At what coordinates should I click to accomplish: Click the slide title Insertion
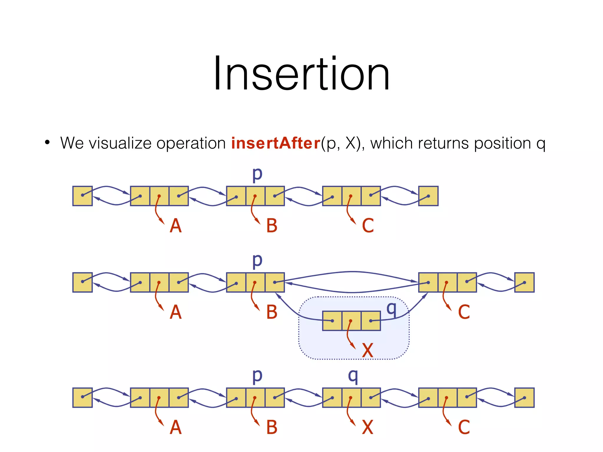(x=301, y=74)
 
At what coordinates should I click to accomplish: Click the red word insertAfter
(x=276, y=143)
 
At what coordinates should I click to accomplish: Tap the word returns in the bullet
(x=443, y=143)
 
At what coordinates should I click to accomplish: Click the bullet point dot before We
(x=47, y=143)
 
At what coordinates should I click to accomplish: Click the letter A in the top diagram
(x=175, y=226)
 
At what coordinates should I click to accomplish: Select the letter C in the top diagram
(x=368, y=226)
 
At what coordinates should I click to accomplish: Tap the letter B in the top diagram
(x=271, y=226)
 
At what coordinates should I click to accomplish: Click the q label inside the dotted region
(x=392, y=309)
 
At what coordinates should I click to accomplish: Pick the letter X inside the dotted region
(x=367, y=350)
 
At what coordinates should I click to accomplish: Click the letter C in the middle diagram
(x=464, y=312)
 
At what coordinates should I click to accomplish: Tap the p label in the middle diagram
(x=257, y=261)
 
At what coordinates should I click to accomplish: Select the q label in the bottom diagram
(x=353, y=376)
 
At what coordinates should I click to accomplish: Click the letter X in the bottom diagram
(x=367, y=427)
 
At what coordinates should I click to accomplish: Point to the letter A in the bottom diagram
(x=175, y=427)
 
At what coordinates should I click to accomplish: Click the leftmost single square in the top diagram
(x=82, y=196)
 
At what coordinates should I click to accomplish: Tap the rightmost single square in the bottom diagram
(x=524, y=398)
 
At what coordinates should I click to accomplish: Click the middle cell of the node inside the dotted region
(x=352, y=321)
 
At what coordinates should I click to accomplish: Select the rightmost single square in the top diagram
(x=428, y=196)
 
